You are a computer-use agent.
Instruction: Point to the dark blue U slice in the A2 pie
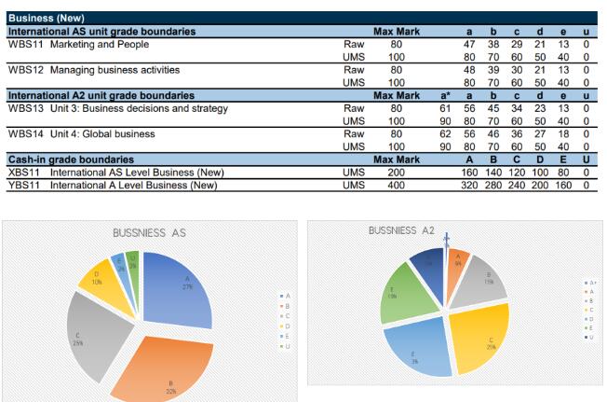(x=428, y=262)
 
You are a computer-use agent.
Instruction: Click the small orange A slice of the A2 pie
(x=456, y=264)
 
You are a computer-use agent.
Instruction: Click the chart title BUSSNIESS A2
(x=401, y=229)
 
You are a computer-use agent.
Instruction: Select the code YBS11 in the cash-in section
(x=25, y=185)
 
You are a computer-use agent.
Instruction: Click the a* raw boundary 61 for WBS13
(x=445, y=108)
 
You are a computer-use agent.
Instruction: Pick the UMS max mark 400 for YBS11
(x=396, y=185)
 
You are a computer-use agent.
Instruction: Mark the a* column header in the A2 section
(x=445, y=95)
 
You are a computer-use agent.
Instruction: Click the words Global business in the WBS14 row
(x=121, y=134)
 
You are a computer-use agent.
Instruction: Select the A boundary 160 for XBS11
(x=469, y=172)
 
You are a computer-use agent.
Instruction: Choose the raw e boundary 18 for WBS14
(x=563, y=134)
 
